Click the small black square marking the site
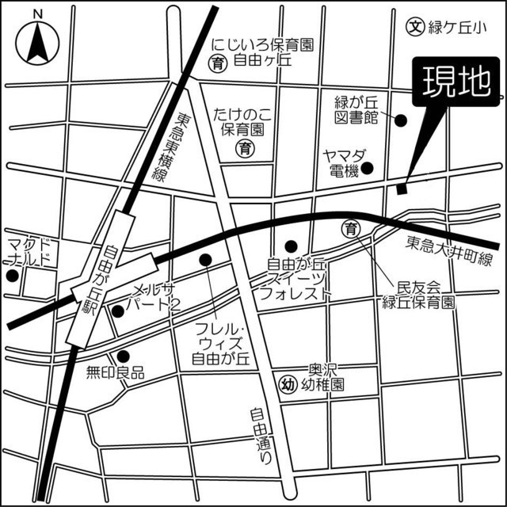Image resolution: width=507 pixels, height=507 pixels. pyautogui.click(x=402, y=189)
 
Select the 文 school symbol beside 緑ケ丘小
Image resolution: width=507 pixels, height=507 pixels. pyautogui.click(x=414, y=26)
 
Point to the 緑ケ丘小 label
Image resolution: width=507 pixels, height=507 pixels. pyautogui.click(x=456, y=27)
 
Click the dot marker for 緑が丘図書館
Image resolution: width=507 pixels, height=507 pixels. pyautogui.click(x=401, y=120)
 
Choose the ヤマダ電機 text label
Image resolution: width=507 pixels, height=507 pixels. pyautogui.click(x=341, y=163)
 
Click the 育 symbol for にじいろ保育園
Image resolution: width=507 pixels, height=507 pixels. pyautogui.click(x=216, y=62)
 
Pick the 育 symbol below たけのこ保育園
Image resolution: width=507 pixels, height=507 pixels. pyautogui.click(x=246, y=148)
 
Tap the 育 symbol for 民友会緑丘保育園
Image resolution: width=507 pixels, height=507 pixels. pyautogui.click(x=352, y=228)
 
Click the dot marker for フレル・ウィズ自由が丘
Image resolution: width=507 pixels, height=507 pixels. pyautogui.click(x=206, y=259)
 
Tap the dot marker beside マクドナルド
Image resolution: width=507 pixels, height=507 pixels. pyautogui.click(x=11, y=276)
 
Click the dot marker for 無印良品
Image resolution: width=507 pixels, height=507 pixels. pyautogui.click(x=123, y=356)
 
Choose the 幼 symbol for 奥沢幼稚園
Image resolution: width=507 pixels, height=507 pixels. pyautogui.click(x=289, y=385)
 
